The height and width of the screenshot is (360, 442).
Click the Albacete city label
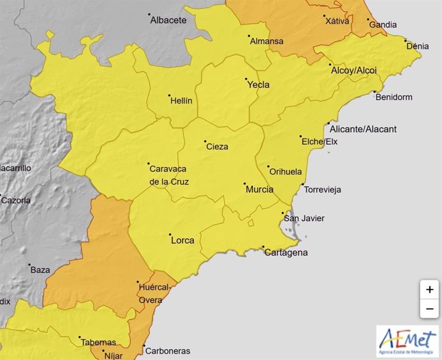click(168, 20)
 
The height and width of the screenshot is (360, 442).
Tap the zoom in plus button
click(429, 289)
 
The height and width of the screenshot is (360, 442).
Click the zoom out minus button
click(429, 309)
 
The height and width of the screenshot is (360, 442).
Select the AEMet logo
click(407, 341)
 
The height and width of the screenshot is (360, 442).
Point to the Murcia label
click(259, 190)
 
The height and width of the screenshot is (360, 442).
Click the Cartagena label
click(286, 253)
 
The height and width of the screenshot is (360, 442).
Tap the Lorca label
click(182, 241)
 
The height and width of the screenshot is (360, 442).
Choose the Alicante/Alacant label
click(363, 129)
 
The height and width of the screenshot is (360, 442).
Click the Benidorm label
click(394, 97)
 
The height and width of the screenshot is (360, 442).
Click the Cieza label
click(217, 147)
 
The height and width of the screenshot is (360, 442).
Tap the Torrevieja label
click(322, 190)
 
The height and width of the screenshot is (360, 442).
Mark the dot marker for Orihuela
click(268, 166)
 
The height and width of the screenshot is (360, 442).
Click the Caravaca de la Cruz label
click(168, 175)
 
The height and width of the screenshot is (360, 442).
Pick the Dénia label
click(417, 46)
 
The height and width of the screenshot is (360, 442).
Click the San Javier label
click(304, 218)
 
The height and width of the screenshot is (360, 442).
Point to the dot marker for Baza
click(29, 264)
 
